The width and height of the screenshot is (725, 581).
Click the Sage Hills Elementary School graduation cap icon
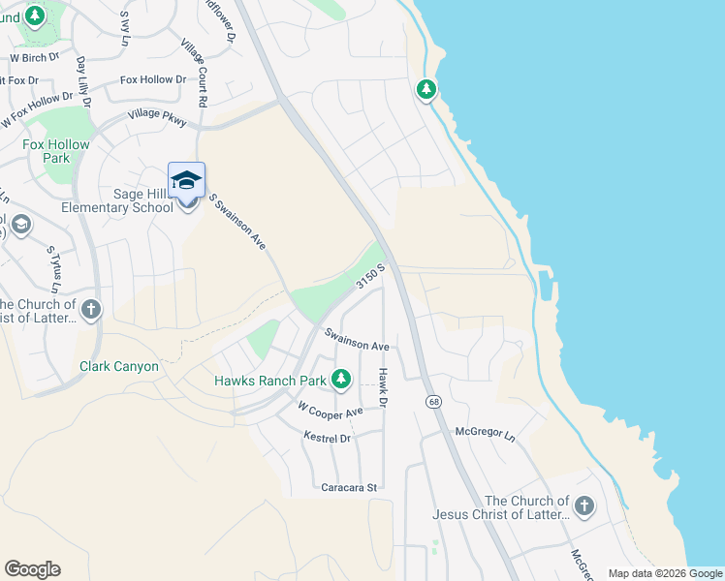pyautogui.click(x=187, y=181)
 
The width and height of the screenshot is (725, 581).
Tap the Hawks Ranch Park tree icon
pyautogui.click(x=341, y=380)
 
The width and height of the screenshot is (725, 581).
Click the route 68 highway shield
pyautogui.click(x=428, y=401)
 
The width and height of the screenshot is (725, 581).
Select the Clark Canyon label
pyautogui.click(x=118, y=367)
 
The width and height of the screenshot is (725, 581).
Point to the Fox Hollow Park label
pyautogui.click(x=56, y=151)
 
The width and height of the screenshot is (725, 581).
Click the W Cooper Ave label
pyautogui.click(x=330, y=411)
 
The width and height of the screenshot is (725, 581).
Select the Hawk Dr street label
pyautogui.click(x=383, y=387)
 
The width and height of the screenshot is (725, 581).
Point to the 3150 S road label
pyautogui.click(x=370, y=275)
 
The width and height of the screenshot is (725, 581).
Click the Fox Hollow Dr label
pyautogui.click(x=153, y=79)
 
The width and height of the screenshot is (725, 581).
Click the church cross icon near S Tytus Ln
pyautogui.click(x=90, y=310)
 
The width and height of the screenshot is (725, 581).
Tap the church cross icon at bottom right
pyautogui.click(x=583, y=506)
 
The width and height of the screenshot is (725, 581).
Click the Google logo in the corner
pyautogui.click(x=32, y=569)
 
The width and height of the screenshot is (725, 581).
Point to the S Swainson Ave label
pyautogui.click(x=236, y=218)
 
